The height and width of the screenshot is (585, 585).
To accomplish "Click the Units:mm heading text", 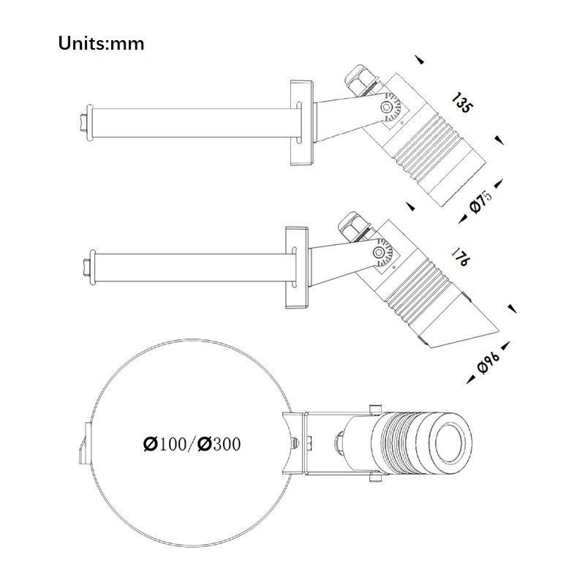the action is [x=101, y=43].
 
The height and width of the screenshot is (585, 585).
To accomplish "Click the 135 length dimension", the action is [x=463, y=102].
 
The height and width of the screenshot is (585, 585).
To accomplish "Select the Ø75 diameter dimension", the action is [x=480, y=202].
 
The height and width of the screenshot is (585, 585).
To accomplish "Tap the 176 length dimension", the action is [x=460, y=257].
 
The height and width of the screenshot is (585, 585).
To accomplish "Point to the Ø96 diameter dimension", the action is [x=488, y=362].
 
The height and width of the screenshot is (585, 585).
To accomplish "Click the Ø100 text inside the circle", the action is [x=165, y=444].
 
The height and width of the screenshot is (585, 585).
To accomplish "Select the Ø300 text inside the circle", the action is [x=219, y=444].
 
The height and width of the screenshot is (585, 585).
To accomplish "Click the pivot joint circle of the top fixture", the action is [x=387, y=107].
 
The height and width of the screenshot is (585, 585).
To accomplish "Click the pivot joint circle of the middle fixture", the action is [x=379, y=252].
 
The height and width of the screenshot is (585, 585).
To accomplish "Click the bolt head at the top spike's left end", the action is [x=83, y=123].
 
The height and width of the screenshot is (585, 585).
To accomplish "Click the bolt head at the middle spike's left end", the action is [x=87, y=268].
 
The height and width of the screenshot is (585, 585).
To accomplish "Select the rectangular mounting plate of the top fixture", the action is [x=302, y=123].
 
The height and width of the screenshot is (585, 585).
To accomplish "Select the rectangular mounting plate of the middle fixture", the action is [x=297, y=268].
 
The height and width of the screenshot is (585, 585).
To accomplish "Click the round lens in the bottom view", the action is [x=450, y=443].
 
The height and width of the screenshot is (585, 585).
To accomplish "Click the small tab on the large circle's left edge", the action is [x=85, y=443].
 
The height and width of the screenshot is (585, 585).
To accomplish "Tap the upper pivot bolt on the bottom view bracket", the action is [x=375, y=409].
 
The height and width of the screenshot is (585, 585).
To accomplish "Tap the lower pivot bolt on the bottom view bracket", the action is [x=375, y=477].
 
